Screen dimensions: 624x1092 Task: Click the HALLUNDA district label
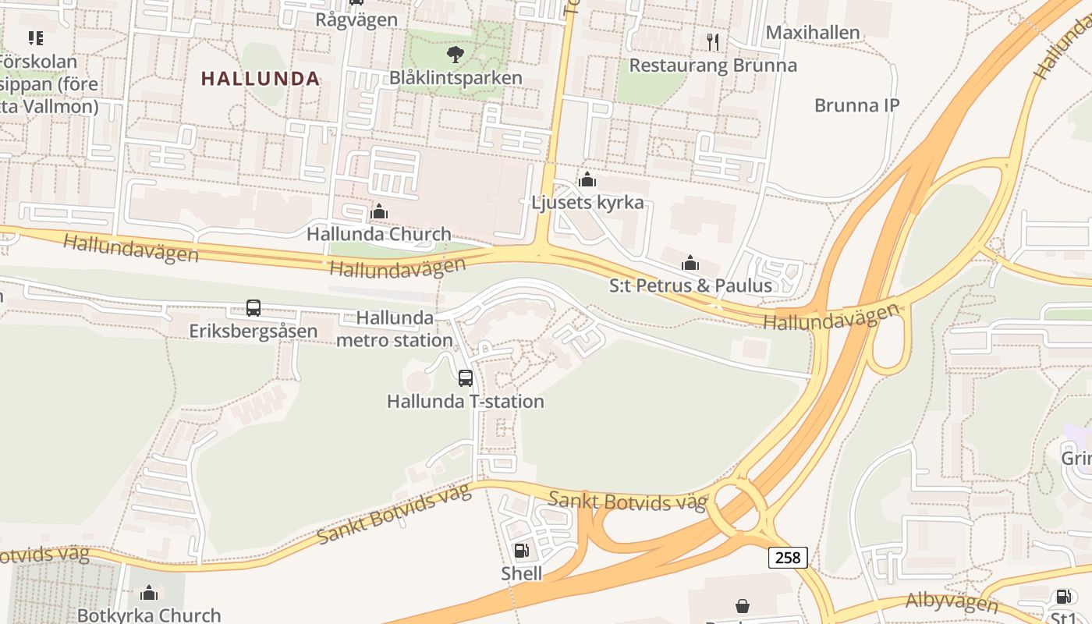(261, 79)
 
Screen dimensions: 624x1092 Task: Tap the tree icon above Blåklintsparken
(455, 55)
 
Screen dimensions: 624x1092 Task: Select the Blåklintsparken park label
(456, 78)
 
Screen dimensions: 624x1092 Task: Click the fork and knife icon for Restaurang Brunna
(712, 41)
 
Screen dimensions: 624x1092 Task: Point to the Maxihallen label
(813, 33)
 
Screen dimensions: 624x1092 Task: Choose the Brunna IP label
(856, 105)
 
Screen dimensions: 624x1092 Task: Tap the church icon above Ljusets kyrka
(587, 180)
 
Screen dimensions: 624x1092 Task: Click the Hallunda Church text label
(379, 234)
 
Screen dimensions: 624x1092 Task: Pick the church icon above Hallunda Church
(379, 211)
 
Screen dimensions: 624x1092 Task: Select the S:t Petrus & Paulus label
(690, 285)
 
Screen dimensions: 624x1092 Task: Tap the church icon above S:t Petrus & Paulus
(690, 263)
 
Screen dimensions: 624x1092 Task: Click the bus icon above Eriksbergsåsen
(253, 308)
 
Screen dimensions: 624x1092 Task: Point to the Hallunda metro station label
(395, 329)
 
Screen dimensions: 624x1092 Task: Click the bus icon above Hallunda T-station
(466, 378)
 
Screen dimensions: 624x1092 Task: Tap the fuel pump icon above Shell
(522, 551)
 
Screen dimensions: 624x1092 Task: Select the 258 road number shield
(788, 557)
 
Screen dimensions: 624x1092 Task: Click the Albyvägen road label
(952, 601)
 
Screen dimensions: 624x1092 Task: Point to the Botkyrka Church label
(149, 615)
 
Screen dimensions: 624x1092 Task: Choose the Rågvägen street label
(356, 19)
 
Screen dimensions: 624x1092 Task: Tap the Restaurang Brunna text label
(713, 65)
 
